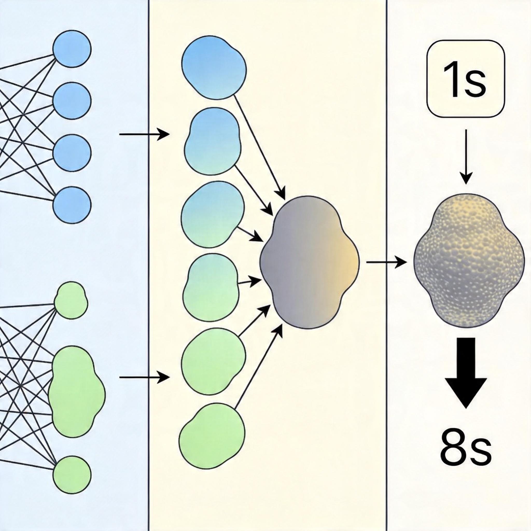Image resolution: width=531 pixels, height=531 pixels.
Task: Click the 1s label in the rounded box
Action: (x=466, y=80)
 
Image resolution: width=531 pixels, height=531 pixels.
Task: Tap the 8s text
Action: (x=466, y=450)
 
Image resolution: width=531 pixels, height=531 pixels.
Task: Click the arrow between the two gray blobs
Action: (x=386, y=262)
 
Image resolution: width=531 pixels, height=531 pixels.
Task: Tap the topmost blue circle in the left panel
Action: (x=72, y=49)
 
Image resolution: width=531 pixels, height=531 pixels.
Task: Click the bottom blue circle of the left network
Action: (x=72, y=205)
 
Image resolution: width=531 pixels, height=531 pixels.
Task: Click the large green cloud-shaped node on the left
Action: (x=76, y=392)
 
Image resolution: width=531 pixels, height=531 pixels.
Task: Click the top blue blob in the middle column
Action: (x=214, y=67)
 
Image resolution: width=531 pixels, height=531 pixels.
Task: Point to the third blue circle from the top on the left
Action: (x=72, y=153)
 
